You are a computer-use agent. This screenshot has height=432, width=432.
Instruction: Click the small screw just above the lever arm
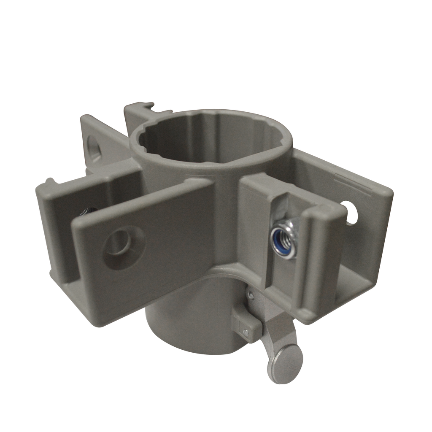(x=251, y=294)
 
